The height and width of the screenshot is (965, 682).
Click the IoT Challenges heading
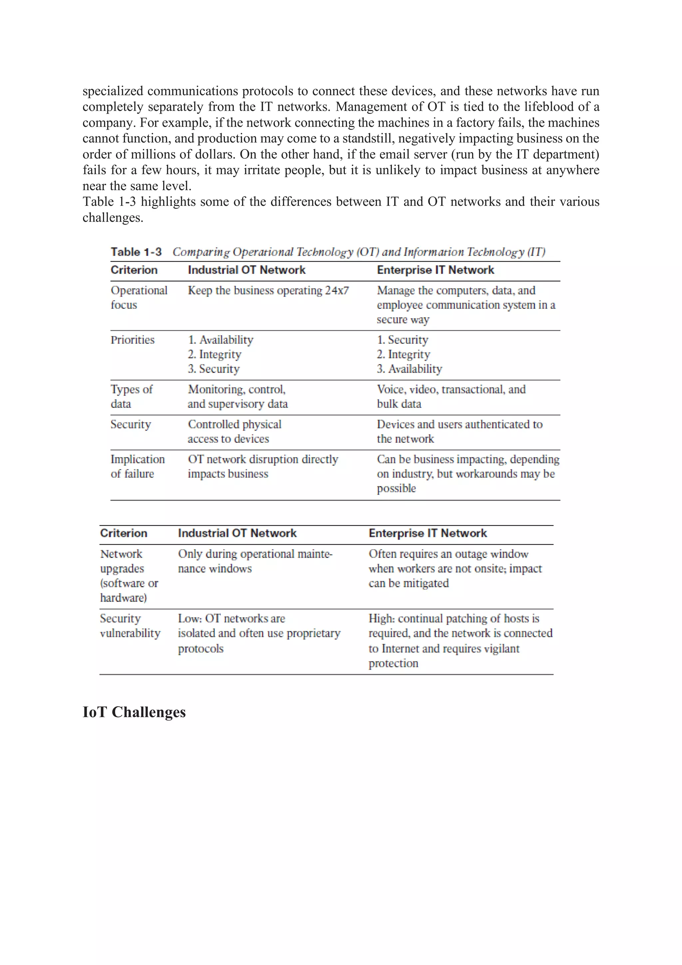134,712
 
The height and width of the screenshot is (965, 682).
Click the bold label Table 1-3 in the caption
136,252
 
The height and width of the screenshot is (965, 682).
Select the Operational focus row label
139,297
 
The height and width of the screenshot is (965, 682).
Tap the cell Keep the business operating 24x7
268,290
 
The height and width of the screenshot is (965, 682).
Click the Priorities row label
132,340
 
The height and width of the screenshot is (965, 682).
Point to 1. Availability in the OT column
220,340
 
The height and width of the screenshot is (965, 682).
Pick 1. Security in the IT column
403,340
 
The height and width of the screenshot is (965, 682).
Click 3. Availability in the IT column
409,369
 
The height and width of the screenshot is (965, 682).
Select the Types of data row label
131,396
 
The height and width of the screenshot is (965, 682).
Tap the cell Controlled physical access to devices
234,431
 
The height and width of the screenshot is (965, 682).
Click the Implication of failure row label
138,467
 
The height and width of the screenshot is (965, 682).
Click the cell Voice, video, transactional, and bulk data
451,396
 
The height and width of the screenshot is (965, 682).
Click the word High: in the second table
382,619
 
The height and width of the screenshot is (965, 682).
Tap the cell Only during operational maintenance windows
255,561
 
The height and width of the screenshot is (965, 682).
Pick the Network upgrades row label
129,576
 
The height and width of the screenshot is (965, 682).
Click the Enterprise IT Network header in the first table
435,270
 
